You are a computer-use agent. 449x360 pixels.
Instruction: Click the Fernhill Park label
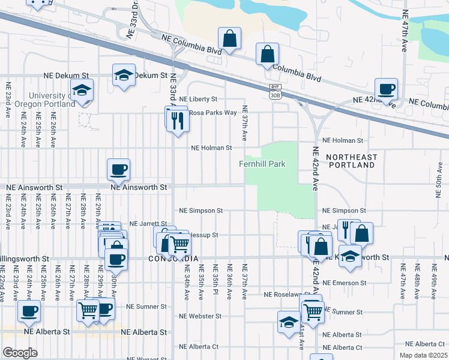coord(262,164)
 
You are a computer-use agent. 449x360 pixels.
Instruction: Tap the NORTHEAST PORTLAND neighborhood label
coord(352,160)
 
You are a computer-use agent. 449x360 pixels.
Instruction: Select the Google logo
coord(20,352)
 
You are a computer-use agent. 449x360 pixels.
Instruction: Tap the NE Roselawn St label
coord(286,295)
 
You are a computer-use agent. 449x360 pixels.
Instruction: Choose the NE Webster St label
coord(201,316)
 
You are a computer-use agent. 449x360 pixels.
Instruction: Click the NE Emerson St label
coord(344,282)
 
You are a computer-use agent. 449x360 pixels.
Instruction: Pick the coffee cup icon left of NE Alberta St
coord(29,311)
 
